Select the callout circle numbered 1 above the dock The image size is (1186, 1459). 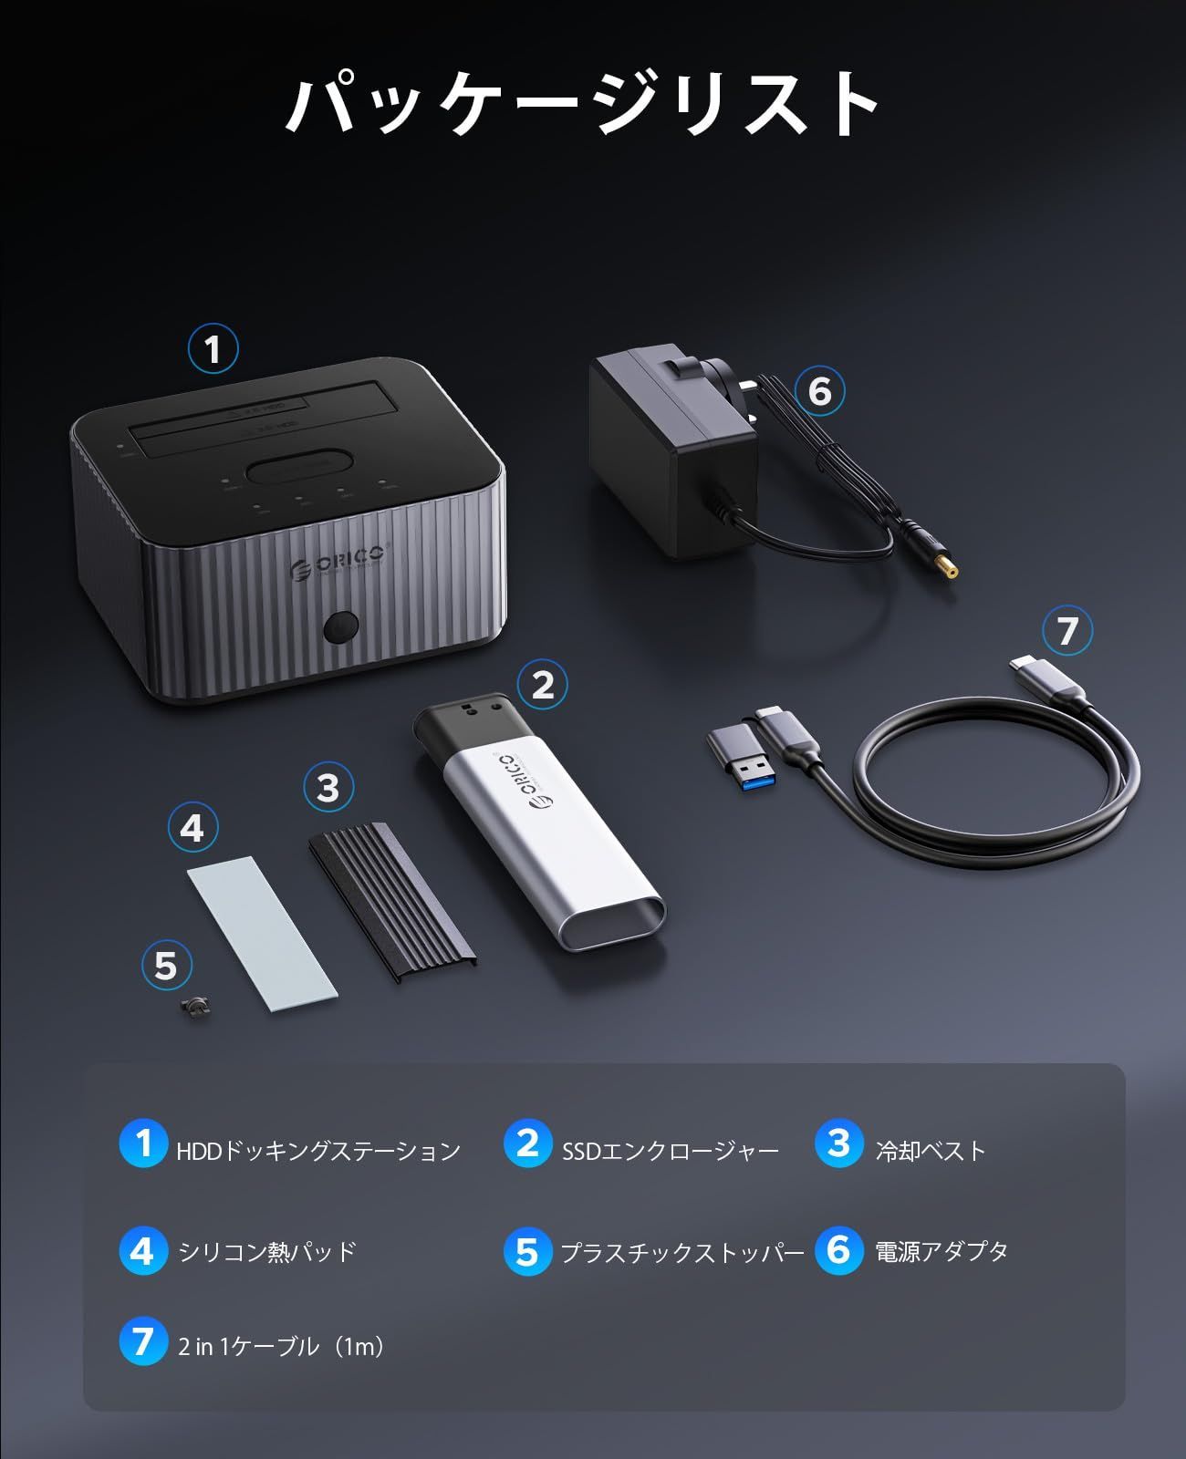(213, 349)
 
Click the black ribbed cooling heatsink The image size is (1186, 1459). (394, 897)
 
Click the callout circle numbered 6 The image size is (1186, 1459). (819, 391)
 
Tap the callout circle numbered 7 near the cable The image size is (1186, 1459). (1066, 631)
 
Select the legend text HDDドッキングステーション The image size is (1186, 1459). (318, 1151)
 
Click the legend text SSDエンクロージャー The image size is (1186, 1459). (671, 1151)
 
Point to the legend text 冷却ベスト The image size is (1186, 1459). (931, 1151)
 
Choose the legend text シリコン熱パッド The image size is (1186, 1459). (267, 1251)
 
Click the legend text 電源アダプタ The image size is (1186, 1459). (942, 1251)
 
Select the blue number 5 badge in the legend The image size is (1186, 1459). (527, 1251)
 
